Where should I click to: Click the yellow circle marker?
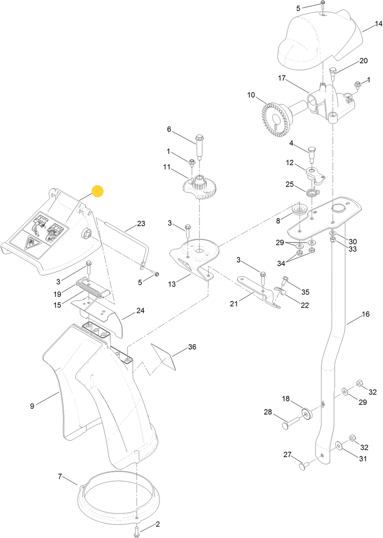coord(98,191)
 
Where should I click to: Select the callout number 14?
coord(379,24)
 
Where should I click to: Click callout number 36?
coord(192,347)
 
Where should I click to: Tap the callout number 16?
coord(365,314)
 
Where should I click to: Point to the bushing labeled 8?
coord(299,210)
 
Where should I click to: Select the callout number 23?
coord(141,224)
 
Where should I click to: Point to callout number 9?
coord(32,406)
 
